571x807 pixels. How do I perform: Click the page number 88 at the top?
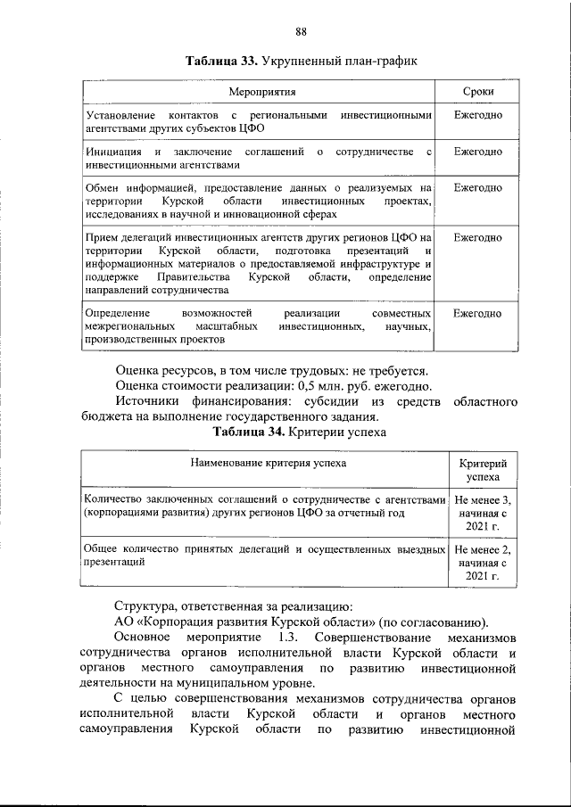coord(302,32)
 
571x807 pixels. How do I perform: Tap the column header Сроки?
coord(477,92)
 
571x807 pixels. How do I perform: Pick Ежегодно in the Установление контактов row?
coord(477,116)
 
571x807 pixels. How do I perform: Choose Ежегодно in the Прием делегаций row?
coord(477,238)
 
